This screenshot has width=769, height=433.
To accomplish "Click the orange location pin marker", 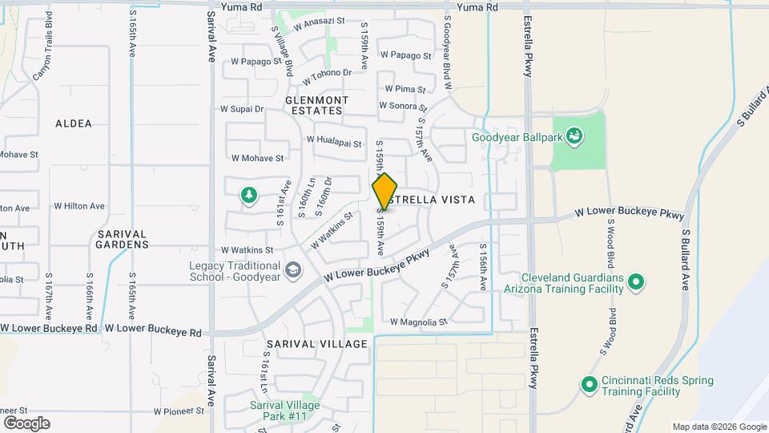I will click(x=384, y=191).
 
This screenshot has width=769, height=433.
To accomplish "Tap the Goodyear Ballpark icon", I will click(x=574, y=137).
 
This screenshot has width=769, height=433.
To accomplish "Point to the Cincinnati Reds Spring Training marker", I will click(x=590, y=385).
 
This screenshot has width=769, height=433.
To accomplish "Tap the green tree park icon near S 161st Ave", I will click(x=249, y=195).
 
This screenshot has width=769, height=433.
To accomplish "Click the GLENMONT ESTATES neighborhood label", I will click(x=316, y=105).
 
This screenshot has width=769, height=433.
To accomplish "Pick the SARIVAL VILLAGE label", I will click(x=316, y=343).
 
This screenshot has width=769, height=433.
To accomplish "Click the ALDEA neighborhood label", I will click(x=74, y=123).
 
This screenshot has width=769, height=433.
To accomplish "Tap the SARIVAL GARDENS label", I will click(x=122, y=239).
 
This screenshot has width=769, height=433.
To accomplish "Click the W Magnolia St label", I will click(x=418, y=322).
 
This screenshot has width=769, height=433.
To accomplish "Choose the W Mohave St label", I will click(x=257, y=159).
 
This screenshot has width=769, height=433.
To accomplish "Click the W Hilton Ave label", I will click(x=79, y=206).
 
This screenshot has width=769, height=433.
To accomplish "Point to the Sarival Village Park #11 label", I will click(x=284, y=411).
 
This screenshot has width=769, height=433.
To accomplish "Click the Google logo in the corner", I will click(x=26, y=423).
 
